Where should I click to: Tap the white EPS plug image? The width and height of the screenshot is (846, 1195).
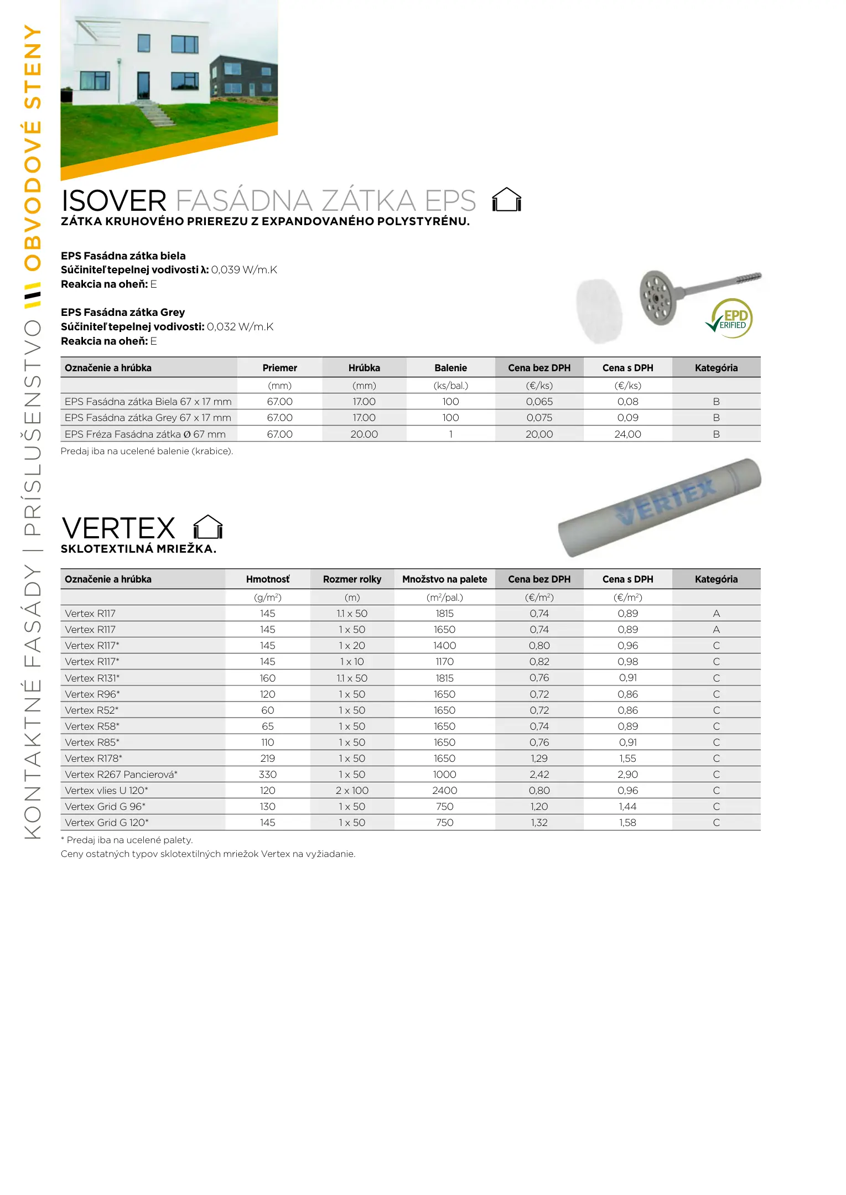[x=599, y=310]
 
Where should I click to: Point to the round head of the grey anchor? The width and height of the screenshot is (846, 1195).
[x=658, y=298]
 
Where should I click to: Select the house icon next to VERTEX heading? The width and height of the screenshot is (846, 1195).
[x=208, y=527]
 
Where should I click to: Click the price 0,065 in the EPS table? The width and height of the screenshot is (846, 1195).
[x=539, y=402]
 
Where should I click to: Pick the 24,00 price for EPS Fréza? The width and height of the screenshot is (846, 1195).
[x=627, y=434]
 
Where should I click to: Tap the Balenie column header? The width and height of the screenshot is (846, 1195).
[x=450, y=368]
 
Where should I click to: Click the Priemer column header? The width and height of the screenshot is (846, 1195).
[x=279, y=368]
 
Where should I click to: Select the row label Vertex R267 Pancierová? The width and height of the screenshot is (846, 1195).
[x=121, y=775]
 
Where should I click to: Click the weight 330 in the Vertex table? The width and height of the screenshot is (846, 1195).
[x=268, y=775]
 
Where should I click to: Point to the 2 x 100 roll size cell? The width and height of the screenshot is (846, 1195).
[x=352, y=791]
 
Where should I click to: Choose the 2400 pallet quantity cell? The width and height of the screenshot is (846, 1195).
[x=444, y=791]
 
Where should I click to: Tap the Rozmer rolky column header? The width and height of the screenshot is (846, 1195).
[x=352, y=579]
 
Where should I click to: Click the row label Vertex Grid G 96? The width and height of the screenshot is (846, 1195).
[x=105, y=807]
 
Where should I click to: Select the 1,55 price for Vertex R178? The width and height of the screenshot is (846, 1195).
[x=627, y=758]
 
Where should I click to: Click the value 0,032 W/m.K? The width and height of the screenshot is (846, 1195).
[x=240, y=326]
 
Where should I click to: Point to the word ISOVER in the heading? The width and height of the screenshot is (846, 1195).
[x=113, y=201]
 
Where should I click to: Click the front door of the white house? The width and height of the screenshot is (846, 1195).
[x=143, y=86]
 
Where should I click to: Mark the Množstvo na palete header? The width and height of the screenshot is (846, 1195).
[x=444, y=579]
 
